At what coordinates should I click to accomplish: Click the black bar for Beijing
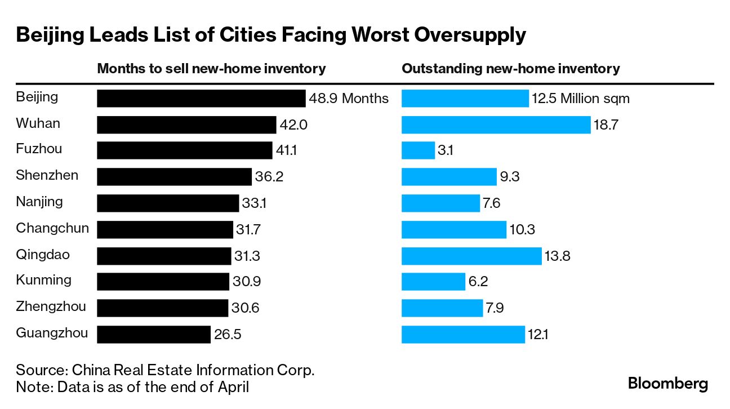(201, 98)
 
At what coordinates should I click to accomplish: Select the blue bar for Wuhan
(496, 125)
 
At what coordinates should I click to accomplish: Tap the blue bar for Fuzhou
(418, 150)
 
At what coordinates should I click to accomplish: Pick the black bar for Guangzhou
(154, 334)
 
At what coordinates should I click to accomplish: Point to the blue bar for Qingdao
(471, 256)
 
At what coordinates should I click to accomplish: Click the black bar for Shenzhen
(174, 177)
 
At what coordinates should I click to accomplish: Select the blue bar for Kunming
(433, 282)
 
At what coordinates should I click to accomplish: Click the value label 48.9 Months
(349, 99)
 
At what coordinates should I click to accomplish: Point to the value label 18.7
(606, 125)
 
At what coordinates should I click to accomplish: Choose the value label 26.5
(228, 335)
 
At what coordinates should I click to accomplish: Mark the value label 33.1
(254, 203)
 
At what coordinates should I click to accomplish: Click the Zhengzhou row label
(51, 307)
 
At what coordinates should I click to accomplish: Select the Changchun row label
(52, 228)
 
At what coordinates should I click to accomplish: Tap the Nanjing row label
(39, 202)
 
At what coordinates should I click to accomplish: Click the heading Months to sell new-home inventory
(211, 69)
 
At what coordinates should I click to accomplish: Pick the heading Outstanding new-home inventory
(510, 69)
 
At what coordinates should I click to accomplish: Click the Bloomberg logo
(667, 384)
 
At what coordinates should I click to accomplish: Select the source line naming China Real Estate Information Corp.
(165, 371)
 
